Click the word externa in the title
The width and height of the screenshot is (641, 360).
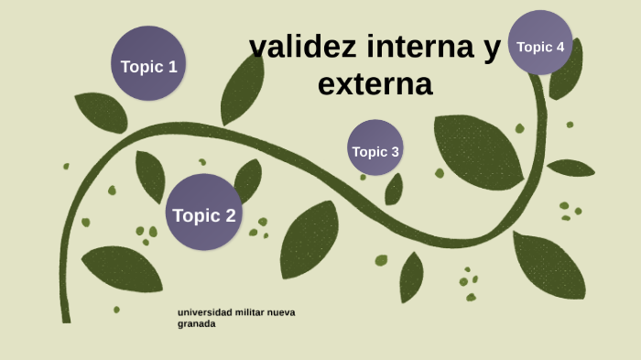[x=375, y=84]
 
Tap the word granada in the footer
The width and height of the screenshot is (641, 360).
[x=197, y=323]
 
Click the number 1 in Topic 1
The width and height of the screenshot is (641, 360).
[x=171, y=66]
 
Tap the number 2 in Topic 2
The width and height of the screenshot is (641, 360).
[x=230, y=216]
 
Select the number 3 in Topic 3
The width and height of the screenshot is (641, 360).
[x=395, y=152]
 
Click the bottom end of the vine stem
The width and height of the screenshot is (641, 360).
[x=66, y=320]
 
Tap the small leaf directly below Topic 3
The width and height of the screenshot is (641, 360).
[x=394, y=190]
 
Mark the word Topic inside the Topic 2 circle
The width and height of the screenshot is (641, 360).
[x=195, y=216]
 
